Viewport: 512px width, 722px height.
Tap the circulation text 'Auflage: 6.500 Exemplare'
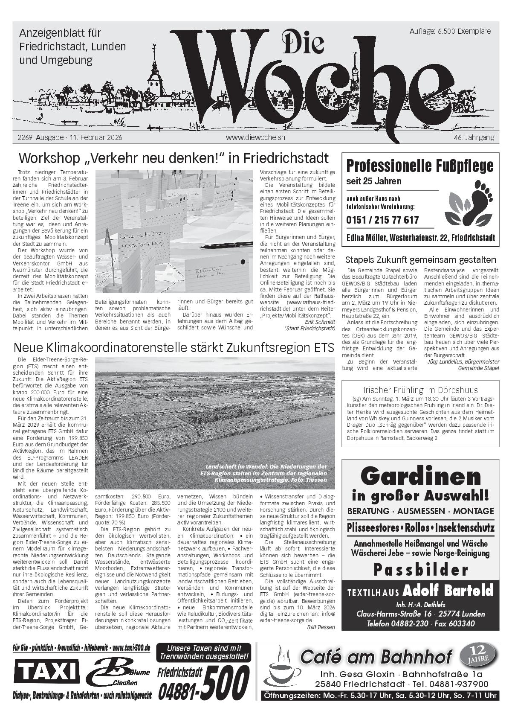click(x=450, y=31)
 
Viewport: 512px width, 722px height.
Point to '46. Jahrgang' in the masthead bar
click(x=474, y=137)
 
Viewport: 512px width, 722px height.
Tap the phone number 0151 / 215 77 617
click(x=382, y=220)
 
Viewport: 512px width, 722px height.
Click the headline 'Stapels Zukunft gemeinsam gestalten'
click(x=420, y=259)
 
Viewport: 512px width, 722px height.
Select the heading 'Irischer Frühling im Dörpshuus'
click(x=420, y=390)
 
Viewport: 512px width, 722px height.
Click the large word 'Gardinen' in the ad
click(x=420, y=476)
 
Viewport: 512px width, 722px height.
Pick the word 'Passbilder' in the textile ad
click(x=420, y=569)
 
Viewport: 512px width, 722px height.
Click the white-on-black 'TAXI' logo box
click(x=46, y=672)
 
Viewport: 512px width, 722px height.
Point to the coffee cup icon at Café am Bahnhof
click(x=280, y=667)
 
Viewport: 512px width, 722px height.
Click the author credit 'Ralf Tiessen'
click(x=321, y=627)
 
